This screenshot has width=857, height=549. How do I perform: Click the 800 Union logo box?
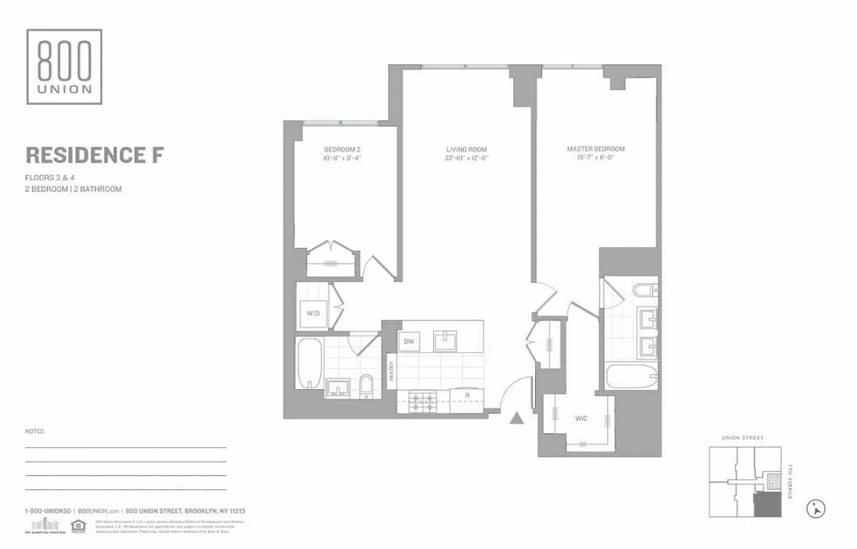(65, 67)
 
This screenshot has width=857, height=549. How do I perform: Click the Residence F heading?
(94, 155)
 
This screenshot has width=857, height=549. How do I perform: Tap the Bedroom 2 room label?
(341, 149)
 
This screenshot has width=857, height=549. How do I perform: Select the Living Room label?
(466, 149)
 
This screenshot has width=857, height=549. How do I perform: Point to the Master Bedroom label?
(595, 149)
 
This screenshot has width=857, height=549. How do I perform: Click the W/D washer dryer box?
(313, 314)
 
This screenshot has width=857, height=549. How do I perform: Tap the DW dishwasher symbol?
(409, 341)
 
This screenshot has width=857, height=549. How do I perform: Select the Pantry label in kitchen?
(391, 371)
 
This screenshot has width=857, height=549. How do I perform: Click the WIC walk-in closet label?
(580, 417)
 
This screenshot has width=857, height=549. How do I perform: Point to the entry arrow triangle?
(517, 418)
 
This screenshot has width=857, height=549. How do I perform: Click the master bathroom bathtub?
(632, 377)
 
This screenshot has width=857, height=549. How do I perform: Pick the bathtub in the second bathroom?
(308, 363)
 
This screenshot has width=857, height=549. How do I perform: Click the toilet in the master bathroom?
(645, 292)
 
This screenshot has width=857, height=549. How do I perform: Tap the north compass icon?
(816, 509)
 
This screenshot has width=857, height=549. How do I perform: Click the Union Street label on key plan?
(742, 437)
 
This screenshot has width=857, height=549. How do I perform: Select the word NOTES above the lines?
(34, 432)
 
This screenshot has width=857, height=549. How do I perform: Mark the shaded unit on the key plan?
(767, 505)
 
